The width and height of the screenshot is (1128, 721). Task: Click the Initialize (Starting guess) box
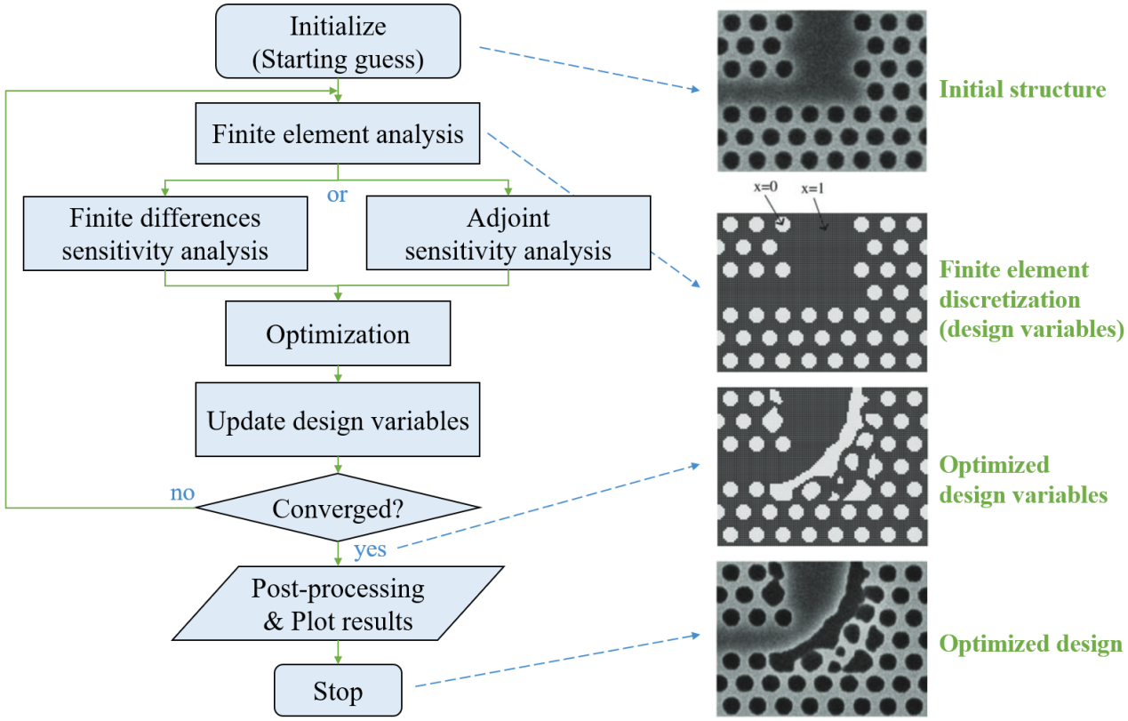tap(338, 41)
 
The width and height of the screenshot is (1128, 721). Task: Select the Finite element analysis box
tap(338, 135)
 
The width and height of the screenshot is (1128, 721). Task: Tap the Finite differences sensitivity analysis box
tap(166, 234)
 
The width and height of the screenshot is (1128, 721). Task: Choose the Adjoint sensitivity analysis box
tap(508, 234)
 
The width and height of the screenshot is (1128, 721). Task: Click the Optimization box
tap(338, 334)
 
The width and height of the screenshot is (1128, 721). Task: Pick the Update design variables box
tap(338, 421)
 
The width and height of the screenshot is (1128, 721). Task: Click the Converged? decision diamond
tap(338, 509)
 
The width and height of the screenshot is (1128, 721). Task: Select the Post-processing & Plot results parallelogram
tap(338, 605)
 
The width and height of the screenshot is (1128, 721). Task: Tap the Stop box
tap(338, 691)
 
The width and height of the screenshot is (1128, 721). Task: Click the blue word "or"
tap(338, 195)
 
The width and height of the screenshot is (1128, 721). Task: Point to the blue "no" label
tap(182, 492)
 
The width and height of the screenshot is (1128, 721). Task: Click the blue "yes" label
tap(370, 549)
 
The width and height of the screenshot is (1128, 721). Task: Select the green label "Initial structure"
tap(1022, 90)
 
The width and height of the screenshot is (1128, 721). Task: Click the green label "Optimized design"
tap(1030, 645)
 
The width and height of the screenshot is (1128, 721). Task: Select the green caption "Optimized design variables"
tap(1022, 480)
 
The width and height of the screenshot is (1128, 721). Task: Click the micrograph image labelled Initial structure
tap(821, 91)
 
